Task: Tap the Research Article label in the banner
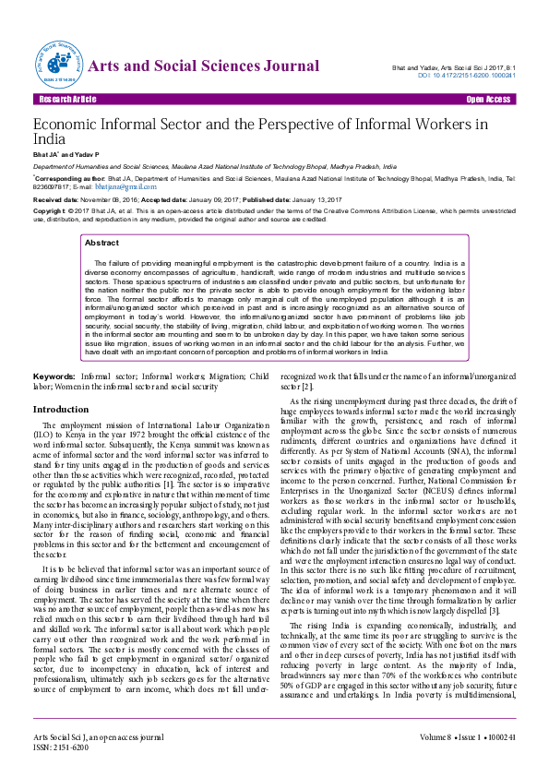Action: pyautogui.click(x=66, y=99)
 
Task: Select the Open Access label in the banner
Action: pyautogui.click(x=488, y=99)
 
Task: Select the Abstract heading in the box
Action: pyautogui.click(x=101, y=243)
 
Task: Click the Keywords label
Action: pyautogui.click(x=54, y=377)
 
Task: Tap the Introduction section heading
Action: pyautogui.click(x=61, y=409)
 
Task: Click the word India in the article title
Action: pyautogui.click(x=49, y=137)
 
